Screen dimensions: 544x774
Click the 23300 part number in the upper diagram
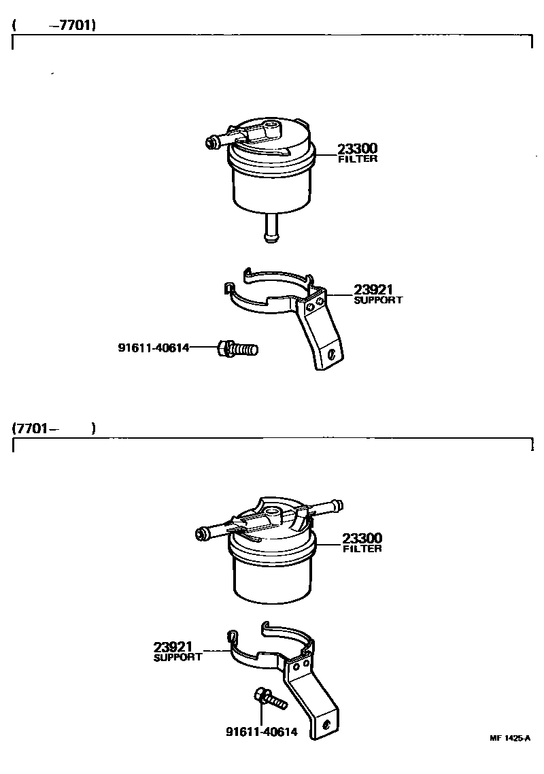click(x=358, y=148)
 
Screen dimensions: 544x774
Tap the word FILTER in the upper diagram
click(x=358, y=159)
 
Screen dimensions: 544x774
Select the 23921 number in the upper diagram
click(x=373, y=290)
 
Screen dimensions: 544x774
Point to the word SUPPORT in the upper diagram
click(x=378, y=300)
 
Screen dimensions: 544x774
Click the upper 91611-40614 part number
click(x=154, y=348)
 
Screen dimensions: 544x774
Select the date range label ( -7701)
click(x=53, y=25)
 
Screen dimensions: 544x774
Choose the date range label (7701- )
click(x=53, y=428)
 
